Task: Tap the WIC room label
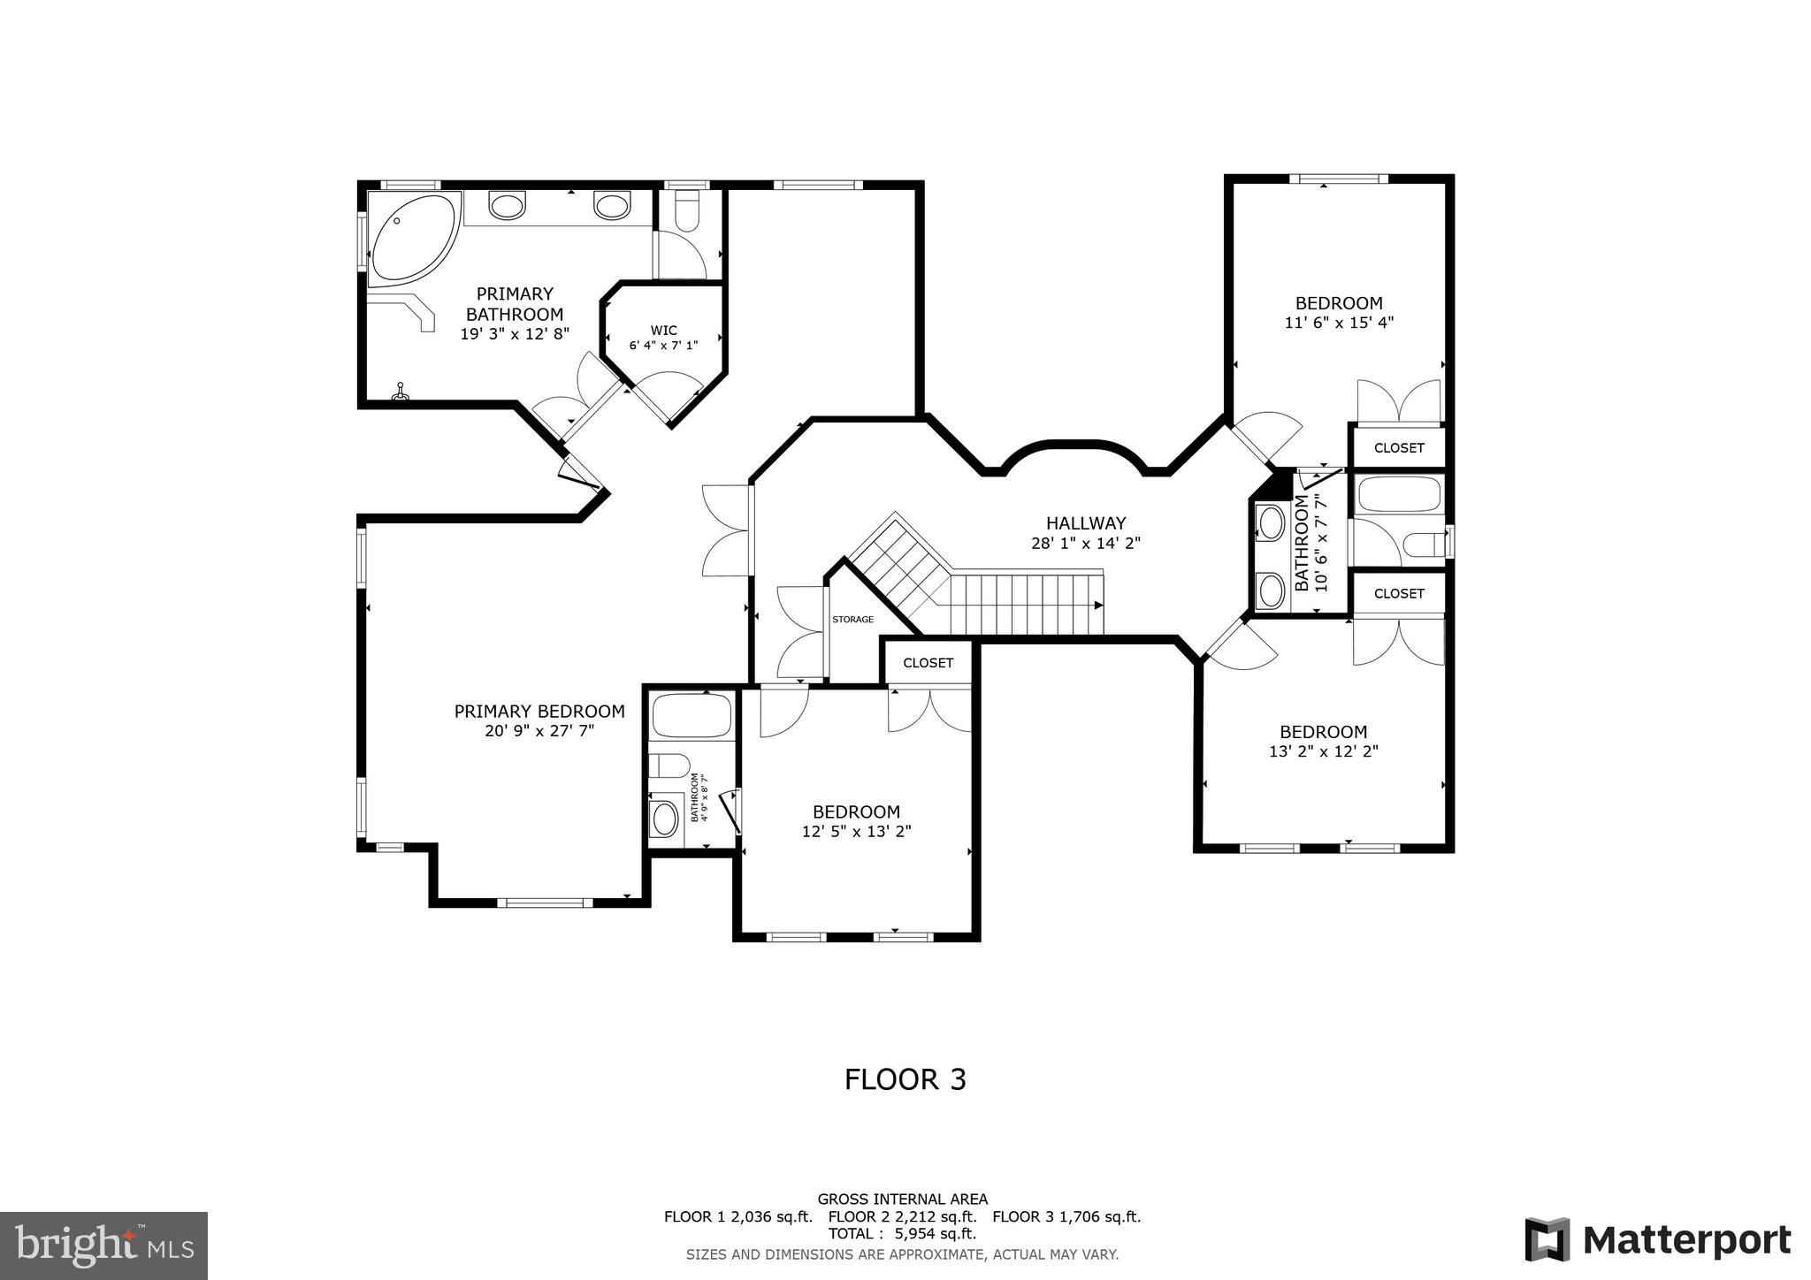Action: (663, 331)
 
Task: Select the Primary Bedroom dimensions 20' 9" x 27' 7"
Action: (539, 731)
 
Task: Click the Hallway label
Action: (1086, 523)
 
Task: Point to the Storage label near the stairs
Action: (852, 620)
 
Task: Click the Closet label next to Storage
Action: (928, 663)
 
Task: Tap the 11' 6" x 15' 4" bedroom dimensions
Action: (1339, 323)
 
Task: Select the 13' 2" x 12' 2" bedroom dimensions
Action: (1324, 751)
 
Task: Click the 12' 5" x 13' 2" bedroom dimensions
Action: (856, 831)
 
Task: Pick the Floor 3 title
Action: (905, 1079)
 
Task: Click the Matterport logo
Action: (1657, 1239)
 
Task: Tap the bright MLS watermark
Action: (104, 1246)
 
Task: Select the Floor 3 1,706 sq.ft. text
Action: (1066, 1216)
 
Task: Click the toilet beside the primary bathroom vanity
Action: (686, 213)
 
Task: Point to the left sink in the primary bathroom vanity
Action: (507, 207)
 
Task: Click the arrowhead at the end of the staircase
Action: (1098, 606)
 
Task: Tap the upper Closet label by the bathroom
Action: (1399, 448)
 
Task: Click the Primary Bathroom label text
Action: (515, 303)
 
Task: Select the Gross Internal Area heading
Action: (902, 1200)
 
